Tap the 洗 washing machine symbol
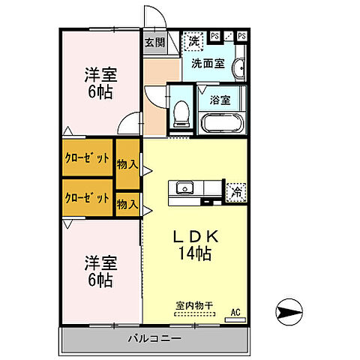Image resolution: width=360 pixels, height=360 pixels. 194,39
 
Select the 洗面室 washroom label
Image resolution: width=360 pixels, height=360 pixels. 207,64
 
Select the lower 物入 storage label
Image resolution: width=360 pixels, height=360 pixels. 127,203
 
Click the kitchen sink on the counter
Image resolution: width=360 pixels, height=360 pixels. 184,187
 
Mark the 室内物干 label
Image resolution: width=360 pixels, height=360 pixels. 194,305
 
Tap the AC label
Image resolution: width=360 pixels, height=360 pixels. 235,311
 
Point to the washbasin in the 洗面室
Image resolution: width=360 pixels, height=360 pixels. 238,70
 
